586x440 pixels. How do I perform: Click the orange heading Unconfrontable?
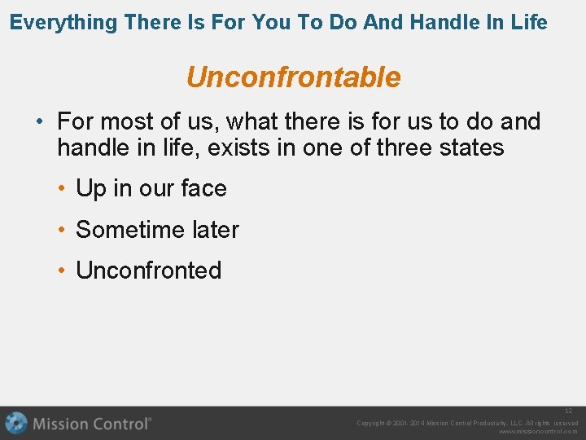click(x=293, y=77)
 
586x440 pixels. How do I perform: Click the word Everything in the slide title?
click(x=63, y=23)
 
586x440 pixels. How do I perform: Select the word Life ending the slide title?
click(x=529, y=23)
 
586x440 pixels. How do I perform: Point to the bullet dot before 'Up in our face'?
click(x=61, y=189)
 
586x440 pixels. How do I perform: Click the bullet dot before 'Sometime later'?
click(x=61, y=231)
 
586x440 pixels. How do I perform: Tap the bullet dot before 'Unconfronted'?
click(x=61, y=271)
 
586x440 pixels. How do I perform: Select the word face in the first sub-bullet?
click(x=203, y=189)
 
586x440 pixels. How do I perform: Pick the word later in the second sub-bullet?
click(x=215, y=231)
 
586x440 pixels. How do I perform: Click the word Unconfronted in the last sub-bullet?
click(x=149, y=271)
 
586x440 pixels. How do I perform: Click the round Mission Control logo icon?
click(x=16, y=424)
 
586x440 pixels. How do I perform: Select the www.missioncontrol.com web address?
click(x=538, y=432)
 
